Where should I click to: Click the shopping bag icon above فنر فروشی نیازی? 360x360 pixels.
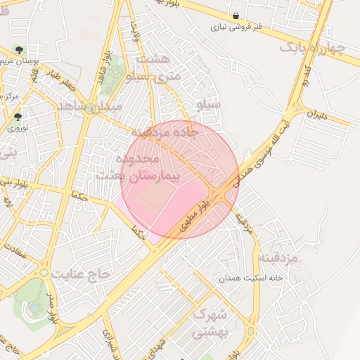pos(236,15)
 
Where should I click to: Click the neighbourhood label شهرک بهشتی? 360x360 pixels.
pos(210,322)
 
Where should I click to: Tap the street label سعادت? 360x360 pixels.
pos(13,250)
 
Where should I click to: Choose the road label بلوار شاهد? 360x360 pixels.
pos(103,63)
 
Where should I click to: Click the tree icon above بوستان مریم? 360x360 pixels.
pos(18,50)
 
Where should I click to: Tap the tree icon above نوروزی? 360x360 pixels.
pos(18,117)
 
